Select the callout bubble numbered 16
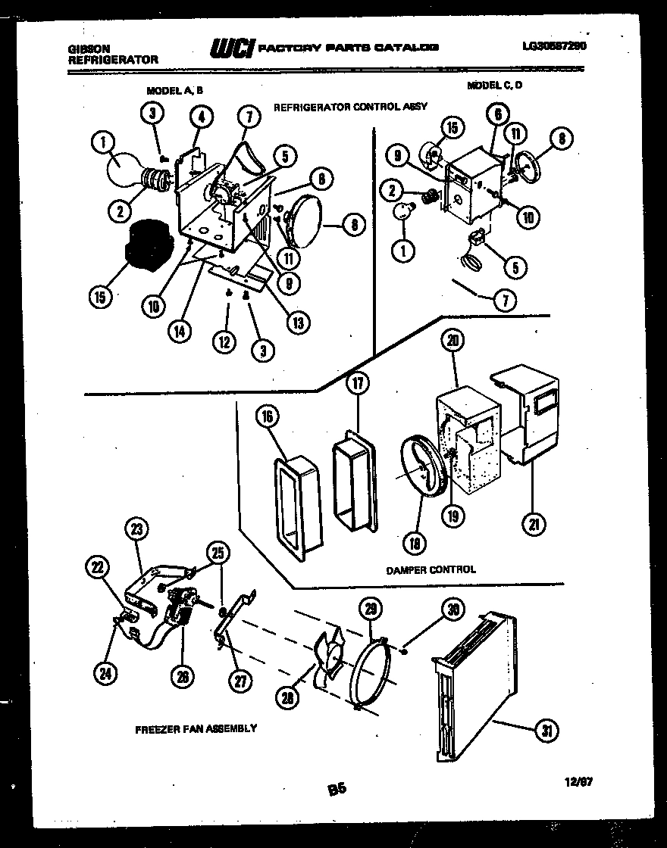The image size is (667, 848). click(x=269, y=416)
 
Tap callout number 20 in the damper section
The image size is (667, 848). click(x=454, y=341)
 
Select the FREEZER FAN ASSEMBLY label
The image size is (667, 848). click(x=196, y=729)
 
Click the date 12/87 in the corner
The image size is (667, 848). click(x=578, y=784)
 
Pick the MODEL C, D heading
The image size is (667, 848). click(x=494, y=86)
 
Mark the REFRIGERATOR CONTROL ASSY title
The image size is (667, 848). click(x=349, y=108)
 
